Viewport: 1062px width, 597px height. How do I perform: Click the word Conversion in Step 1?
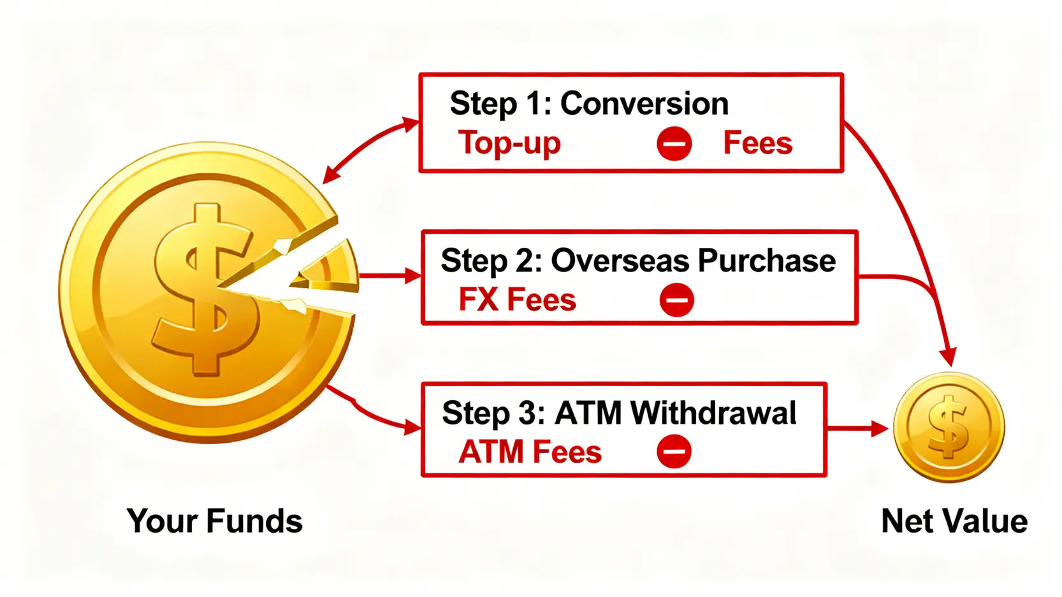point(644,104)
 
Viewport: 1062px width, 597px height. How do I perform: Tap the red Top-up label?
point(509,143)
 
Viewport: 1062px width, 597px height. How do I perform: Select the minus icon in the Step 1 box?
point(674,143)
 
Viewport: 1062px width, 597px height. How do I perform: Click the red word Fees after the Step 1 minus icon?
point(757,143)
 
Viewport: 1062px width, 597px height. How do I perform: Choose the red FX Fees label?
point(517,300)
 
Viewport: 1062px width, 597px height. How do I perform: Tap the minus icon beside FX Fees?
point(676,300)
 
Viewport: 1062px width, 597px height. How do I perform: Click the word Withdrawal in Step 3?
point(713,413)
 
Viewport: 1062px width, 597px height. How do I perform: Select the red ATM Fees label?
point(530,452)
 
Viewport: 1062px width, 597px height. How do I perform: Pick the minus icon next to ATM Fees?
point(674,452)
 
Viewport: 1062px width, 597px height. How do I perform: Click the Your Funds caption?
point(214,521)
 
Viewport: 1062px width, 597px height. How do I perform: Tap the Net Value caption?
point(954,521)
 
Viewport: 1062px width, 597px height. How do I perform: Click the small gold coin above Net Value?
point(949,427)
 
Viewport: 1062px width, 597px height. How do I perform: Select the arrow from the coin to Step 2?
point(389,276)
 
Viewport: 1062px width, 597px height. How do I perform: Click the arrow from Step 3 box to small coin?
point(857,429)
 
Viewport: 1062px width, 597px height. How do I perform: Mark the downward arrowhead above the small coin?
point(949,356)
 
